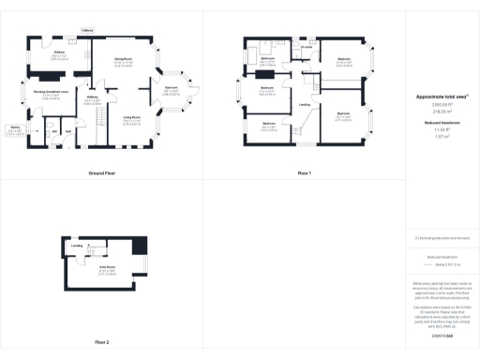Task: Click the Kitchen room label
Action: click(58, 52)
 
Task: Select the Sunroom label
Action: click(172, 88)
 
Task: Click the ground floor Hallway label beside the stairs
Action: click(93, 97)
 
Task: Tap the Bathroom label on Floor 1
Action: click(267, 59)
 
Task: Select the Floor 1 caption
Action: click(305, 174)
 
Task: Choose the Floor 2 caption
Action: click(100, 343)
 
